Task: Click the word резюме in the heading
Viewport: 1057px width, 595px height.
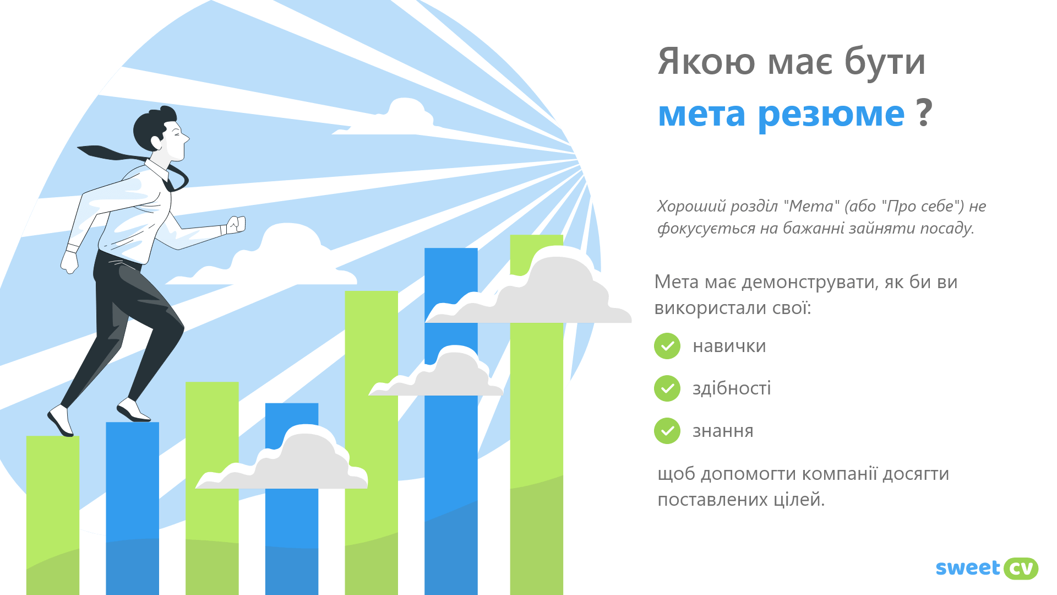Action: [x=831, y=115]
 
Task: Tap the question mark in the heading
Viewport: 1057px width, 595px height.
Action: [x=924, y=112]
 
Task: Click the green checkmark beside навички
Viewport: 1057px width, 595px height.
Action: [x=667, y=346]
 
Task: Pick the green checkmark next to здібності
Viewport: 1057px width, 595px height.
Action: [x=667, y=388]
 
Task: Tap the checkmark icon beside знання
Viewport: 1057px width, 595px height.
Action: [x=667, y=431]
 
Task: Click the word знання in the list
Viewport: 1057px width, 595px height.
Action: [x=723, y=431]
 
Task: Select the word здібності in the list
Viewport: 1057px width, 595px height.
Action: [x=732, y=388]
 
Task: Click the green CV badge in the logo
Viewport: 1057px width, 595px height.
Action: [x=1021, y=569]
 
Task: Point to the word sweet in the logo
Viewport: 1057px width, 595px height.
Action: [x=968, y=568]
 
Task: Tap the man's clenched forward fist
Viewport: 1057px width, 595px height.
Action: [x=236, y=225]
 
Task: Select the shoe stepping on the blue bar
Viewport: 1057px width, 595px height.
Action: [x=133, y=411]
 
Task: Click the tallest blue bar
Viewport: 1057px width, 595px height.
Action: [x=451, y=421]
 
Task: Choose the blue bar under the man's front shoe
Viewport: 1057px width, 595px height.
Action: [x=133, y=509]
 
